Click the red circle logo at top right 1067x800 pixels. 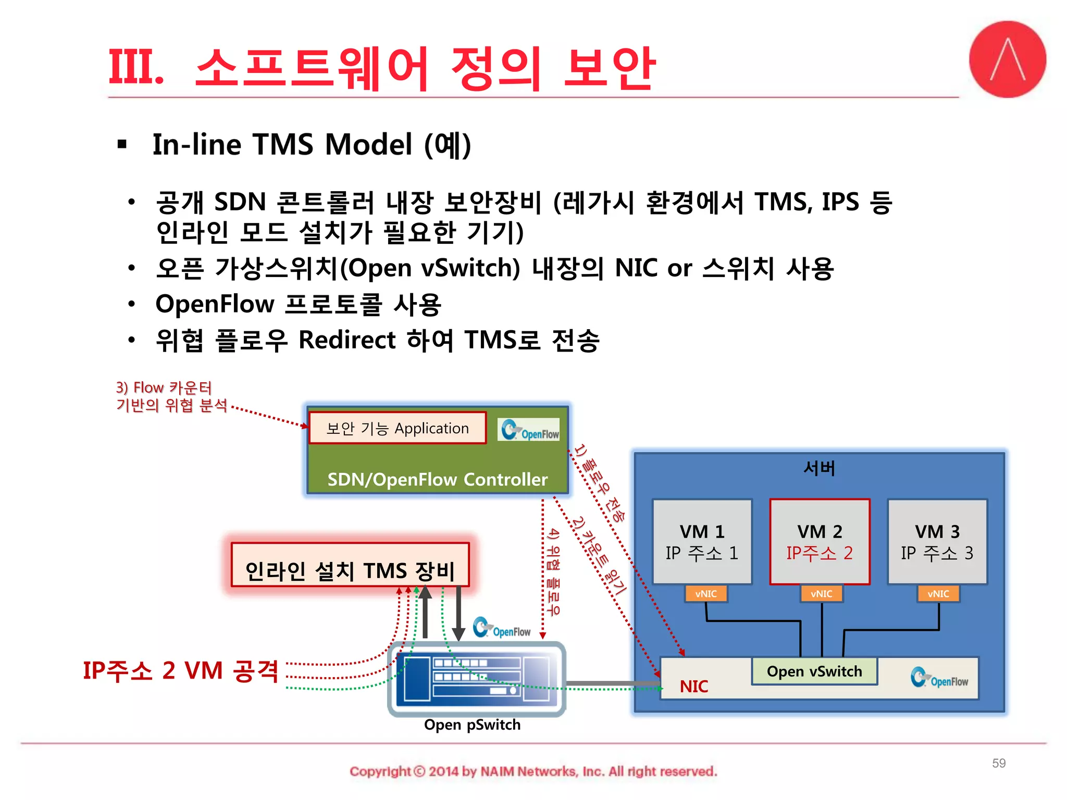pos(1007,59)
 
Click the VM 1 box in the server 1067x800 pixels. pos(702,542)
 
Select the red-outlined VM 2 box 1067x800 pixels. pos(820,542)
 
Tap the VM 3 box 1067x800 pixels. pos(937,542)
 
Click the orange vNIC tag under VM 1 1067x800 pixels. pos(706,594)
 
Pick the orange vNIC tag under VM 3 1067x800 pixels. pos(938,594)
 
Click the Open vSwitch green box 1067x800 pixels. pos(814,671)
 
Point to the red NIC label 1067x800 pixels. pos(693,686)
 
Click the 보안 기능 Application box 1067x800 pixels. pos(398,428)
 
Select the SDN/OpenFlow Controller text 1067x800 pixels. pos(437,479)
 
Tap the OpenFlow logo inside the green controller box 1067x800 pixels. pos(529,430)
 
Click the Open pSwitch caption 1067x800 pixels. pos(472,724)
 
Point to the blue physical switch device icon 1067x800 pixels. pos(476,678)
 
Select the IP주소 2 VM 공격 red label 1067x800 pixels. pos(181,671)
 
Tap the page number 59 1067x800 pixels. pos(998,763)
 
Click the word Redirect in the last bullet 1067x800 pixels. pos(347,340)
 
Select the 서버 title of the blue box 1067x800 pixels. pos(819,468)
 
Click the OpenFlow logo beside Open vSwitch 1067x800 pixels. pos(939,678)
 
